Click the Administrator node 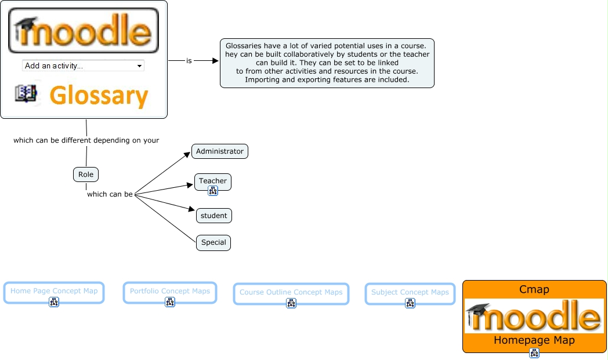pos(220,151)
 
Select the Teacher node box pos(213,181)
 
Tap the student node pos(213,216)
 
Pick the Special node pos(213,242)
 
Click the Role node pos(86,174)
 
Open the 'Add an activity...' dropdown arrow pos(139,66)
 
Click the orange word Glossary pos(99,95)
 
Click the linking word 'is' pos(189,60)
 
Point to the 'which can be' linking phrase pos(110,194)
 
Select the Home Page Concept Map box pos(54,291)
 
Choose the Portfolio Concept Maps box pos(170,291)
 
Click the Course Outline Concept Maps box pos(291,292)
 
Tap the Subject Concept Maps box pos(410,292)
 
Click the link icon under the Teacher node pos(213,191)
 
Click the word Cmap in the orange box pos(534,289)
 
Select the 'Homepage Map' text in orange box pos(534,340)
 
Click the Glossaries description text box pos(327,63)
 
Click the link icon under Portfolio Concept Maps pos(170,302)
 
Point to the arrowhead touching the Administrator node pos(187,154)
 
